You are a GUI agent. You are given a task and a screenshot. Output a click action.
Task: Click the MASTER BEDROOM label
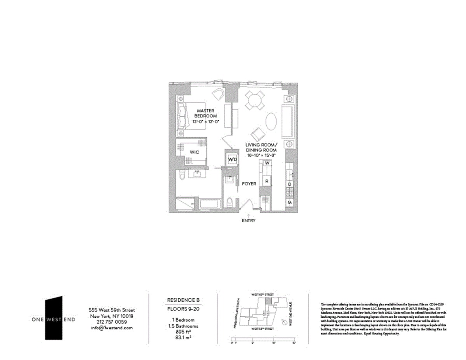click(206, 113)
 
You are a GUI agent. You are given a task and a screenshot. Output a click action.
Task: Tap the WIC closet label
click(195, 152)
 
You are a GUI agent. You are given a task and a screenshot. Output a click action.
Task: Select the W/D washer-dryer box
click(232, 160)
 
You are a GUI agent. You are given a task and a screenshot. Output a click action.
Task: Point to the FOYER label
click(249, 183)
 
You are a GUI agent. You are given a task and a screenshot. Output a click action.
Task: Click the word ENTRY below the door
click(249, 220)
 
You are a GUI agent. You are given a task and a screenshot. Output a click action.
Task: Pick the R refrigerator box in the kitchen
click(267, 180)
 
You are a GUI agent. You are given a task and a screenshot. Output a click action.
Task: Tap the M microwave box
click(290, 202)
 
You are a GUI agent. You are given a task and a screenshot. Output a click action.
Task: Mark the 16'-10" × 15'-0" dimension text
click(261, 155)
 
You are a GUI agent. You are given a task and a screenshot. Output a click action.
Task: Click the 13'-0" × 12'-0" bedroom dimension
click(206, 121)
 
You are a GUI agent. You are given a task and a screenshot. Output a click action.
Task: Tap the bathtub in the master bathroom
click(210, 204)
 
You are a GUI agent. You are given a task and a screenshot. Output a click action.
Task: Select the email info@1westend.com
click(111, 327)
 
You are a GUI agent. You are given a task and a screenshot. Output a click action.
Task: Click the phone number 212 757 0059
click(111, 322)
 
